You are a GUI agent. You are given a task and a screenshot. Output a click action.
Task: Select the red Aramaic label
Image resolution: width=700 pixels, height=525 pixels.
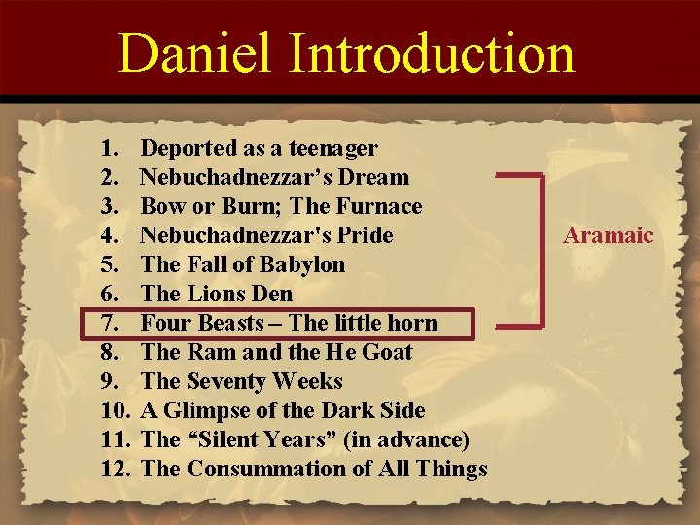pos(609,235)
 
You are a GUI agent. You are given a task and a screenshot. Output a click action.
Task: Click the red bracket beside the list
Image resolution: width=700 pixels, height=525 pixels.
pos(541,247)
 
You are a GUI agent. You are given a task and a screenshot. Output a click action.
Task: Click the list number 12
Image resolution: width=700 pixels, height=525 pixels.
pos(115,470)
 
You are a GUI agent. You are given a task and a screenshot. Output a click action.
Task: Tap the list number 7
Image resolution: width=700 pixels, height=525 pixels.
pos(109,324)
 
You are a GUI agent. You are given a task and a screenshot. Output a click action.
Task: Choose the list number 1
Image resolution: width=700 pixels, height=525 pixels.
pos(109,149)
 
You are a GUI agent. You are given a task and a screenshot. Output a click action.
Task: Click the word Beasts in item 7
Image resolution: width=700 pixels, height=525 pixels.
pos(228,324)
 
